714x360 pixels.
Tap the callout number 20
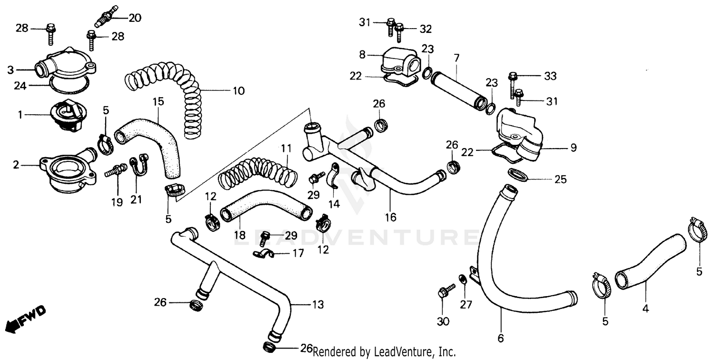coord(135,18)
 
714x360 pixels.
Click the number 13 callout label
coord(317,304)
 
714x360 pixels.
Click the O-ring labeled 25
coord(518,174)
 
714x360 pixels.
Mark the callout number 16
coord(390,217)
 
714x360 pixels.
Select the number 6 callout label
coord(500,339)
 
